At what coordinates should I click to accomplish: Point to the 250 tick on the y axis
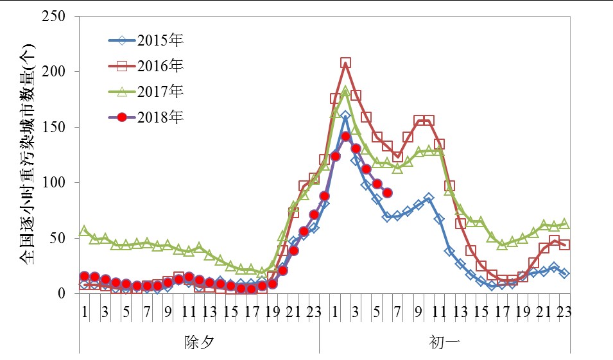(53, 16)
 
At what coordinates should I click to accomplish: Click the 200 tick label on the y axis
(53, 72)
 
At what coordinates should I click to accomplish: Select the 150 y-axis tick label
(53, 127)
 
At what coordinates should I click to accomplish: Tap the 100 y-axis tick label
(53, 183)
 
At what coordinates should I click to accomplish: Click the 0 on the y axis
(62, 293)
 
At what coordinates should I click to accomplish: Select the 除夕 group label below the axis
(199, 341)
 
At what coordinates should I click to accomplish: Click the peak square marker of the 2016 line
(345, 63)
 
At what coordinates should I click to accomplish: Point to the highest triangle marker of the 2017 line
(345, 91)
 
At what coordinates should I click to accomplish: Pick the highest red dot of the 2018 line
(345, 136)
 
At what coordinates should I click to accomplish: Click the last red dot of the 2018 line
(387, 193)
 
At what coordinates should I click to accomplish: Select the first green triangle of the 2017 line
(84, 230)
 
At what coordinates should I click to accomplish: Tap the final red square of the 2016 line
(565, 245)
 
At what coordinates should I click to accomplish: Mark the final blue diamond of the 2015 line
(565, 273)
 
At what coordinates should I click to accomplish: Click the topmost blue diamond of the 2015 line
(345, 116)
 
